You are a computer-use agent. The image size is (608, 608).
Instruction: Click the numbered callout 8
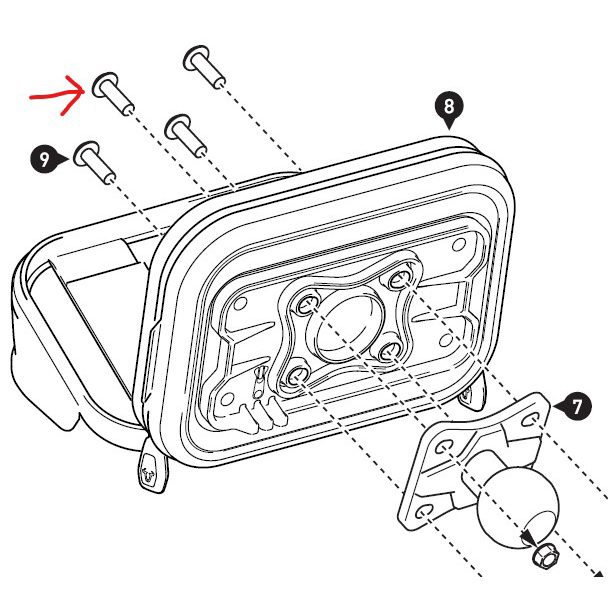449,107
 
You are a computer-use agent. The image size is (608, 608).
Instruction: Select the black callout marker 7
576,406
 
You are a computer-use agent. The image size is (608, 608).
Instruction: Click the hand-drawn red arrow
57,95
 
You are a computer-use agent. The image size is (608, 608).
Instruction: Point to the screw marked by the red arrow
113,93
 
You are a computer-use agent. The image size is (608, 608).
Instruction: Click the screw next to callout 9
95,162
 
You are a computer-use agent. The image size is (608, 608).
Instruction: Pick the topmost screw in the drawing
204,67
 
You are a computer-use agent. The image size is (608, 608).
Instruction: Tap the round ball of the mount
518,507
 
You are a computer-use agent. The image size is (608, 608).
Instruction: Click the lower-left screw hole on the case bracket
297,375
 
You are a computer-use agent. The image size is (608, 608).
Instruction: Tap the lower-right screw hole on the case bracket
389,352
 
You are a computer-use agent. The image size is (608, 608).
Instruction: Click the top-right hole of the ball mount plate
530,420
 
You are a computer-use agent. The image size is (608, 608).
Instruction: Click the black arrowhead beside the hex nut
528,538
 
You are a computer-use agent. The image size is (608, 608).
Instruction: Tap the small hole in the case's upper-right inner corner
459,244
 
